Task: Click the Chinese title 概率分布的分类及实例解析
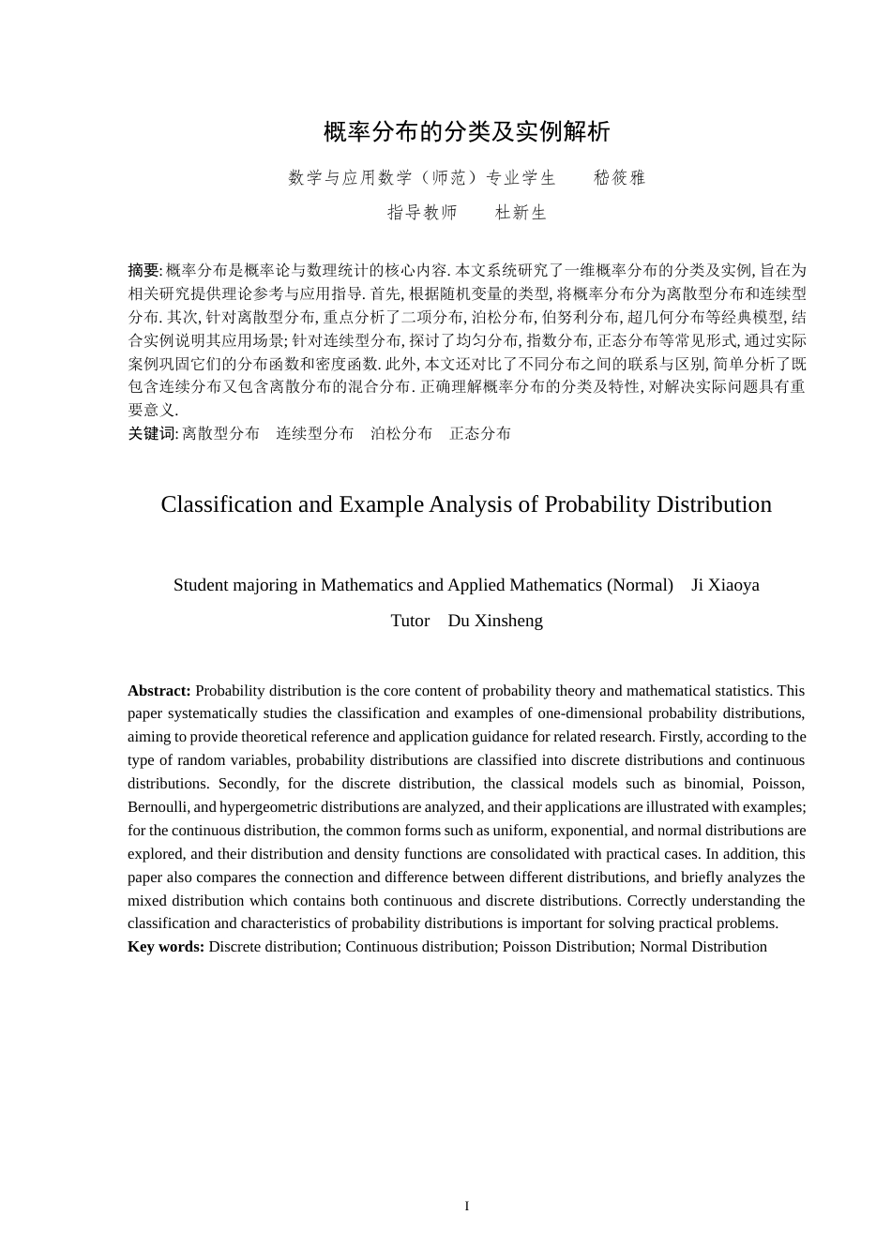[x=466, y=132]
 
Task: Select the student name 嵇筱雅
[x=620, y=178]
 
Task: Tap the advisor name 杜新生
[x=521, y=213]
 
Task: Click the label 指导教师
[x=422, y=213]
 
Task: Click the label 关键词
[x=151, y=433]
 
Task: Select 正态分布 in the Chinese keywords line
[x=480, y=433]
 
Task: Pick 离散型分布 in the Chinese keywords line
[x=220, y=433]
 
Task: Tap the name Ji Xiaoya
[x=725, y=585]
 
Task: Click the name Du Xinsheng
[x=495, y=621]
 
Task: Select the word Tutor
[x=410, y=621]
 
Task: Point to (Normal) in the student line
[x=640, y=585]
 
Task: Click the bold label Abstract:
[x=159, y=691]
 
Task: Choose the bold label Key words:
[x=166, y=947]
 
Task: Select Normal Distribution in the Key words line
[x=702, y=947]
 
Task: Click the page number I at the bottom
[x=466, y=1206]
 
